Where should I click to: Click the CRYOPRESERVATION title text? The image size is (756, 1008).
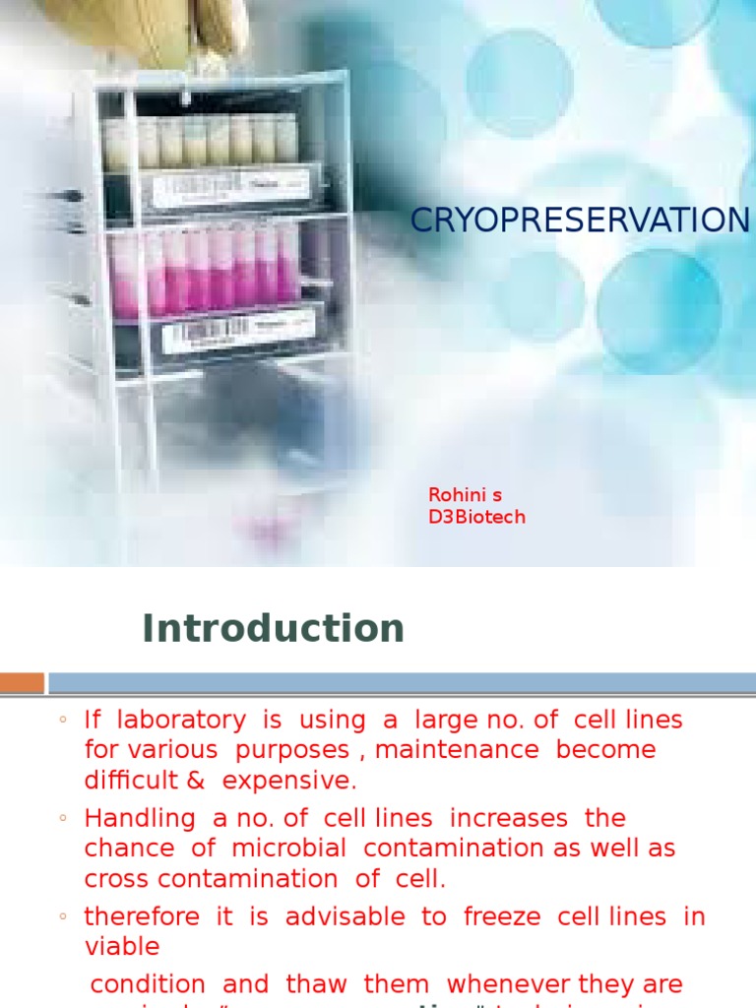[580, 220]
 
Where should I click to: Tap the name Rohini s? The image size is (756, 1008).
[465, 495]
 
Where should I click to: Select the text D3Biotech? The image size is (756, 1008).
[476, 517]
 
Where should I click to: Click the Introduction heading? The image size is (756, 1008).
[273, 628]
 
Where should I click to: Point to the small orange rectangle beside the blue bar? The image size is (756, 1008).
[22, 682]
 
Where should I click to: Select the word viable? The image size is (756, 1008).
[122, 947]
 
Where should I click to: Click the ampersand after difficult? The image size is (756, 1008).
[195, 781]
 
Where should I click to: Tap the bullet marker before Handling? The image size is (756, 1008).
[62, 819]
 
